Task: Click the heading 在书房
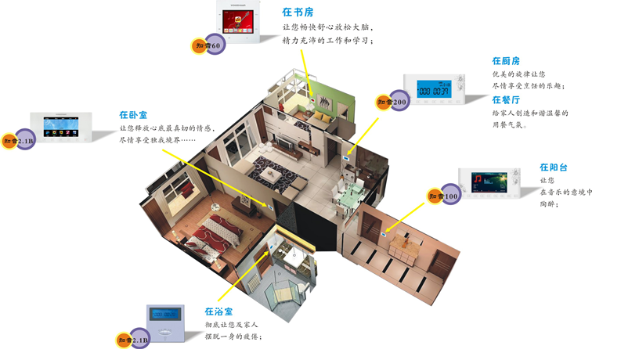pos(298,13)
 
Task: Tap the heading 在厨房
pos(506,61)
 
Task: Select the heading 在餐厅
pos(506,100)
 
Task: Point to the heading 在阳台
pos(554,167)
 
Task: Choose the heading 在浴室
pos(218,311)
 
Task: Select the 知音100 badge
pos(444,196)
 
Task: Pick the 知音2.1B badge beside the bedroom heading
pos(19,142)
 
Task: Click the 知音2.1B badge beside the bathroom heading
pos(133,340)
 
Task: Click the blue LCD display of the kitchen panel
pos(433,91)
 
